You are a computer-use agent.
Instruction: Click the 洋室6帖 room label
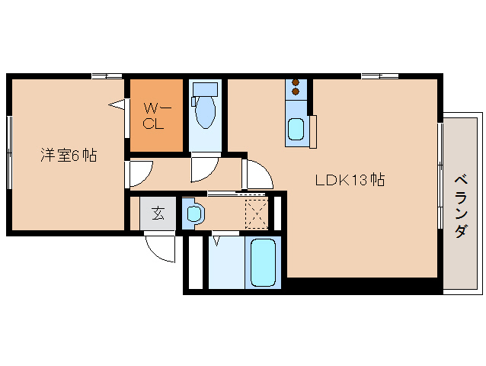coord(68,155)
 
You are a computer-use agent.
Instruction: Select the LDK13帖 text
coord(350,181)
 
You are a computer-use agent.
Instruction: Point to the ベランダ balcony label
coord(461,206)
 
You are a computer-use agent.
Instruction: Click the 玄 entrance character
coord(157,213)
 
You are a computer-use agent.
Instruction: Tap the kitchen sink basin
coord(296,130)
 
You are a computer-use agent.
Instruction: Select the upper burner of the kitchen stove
coord(296,82)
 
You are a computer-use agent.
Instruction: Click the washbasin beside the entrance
coord(193,213)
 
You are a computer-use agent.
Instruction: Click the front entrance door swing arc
coord(161,248)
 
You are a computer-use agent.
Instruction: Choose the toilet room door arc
coord(205,169)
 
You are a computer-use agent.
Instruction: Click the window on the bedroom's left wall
coord(9,152)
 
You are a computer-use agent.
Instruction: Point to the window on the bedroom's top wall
coord(107,75)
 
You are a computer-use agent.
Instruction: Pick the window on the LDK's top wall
coord(379,75)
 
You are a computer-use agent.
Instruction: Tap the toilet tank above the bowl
coord(203,89)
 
